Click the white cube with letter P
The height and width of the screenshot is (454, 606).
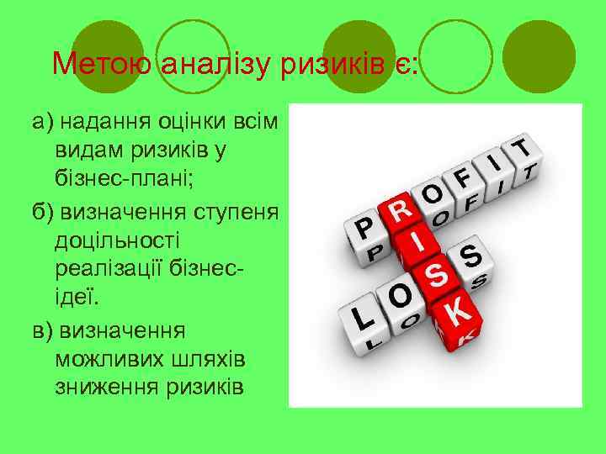364,229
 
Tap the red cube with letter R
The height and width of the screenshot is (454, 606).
401,209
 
